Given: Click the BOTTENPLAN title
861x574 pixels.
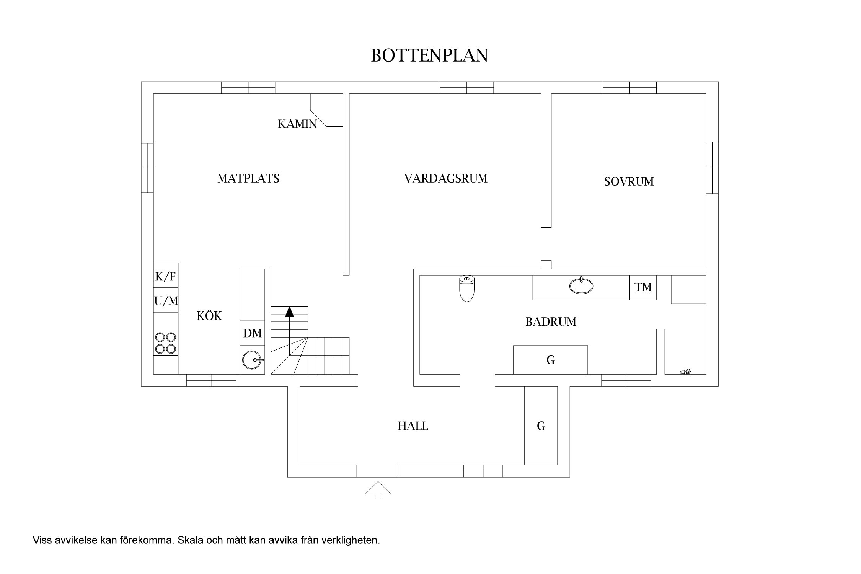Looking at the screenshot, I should coord(429,56).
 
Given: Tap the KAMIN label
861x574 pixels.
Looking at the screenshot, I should coord(297,124).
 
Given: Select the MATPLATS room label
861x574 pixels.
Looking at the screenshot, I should coord(248,179).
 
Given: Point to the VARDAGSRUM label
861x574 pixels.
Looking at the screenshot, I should coord(446,179).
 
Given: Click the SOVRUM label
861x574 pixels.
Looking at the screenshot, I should coord(629,181).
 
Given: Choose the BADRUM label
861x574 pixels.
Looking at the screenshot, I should coord(551,322).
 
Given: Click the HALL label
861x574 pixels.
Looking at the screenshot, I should coord(413,426).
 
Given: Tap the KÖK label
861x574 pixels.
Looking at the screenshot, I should coord(209,316).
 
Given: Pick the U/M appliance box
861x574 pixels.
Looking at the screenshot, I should coord(166,301).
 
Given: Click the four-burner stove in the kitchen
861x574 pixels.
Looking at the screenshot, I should coord(166,343).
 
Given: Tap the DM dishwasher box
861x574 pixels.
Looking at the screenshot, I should coord(253,333).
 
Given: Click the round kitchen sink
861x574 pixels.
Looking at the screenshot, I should coord(252,360).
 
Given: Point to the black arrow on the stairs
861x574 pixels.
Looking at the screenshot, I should coord(289,312).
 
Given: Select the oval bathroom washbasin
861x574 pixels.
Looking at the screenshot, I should coord(581,286).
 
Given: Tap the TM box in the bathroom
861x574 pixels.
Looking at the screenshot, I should coord(643,287).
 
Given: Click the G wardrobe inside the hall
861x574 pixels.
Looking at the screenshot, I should coord(541,426).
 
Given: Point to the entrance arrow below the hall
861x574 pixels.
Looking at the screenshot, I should coord(378,490).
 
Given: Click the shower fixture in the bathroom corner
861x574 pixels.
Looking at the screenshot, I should coord(685,371).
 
